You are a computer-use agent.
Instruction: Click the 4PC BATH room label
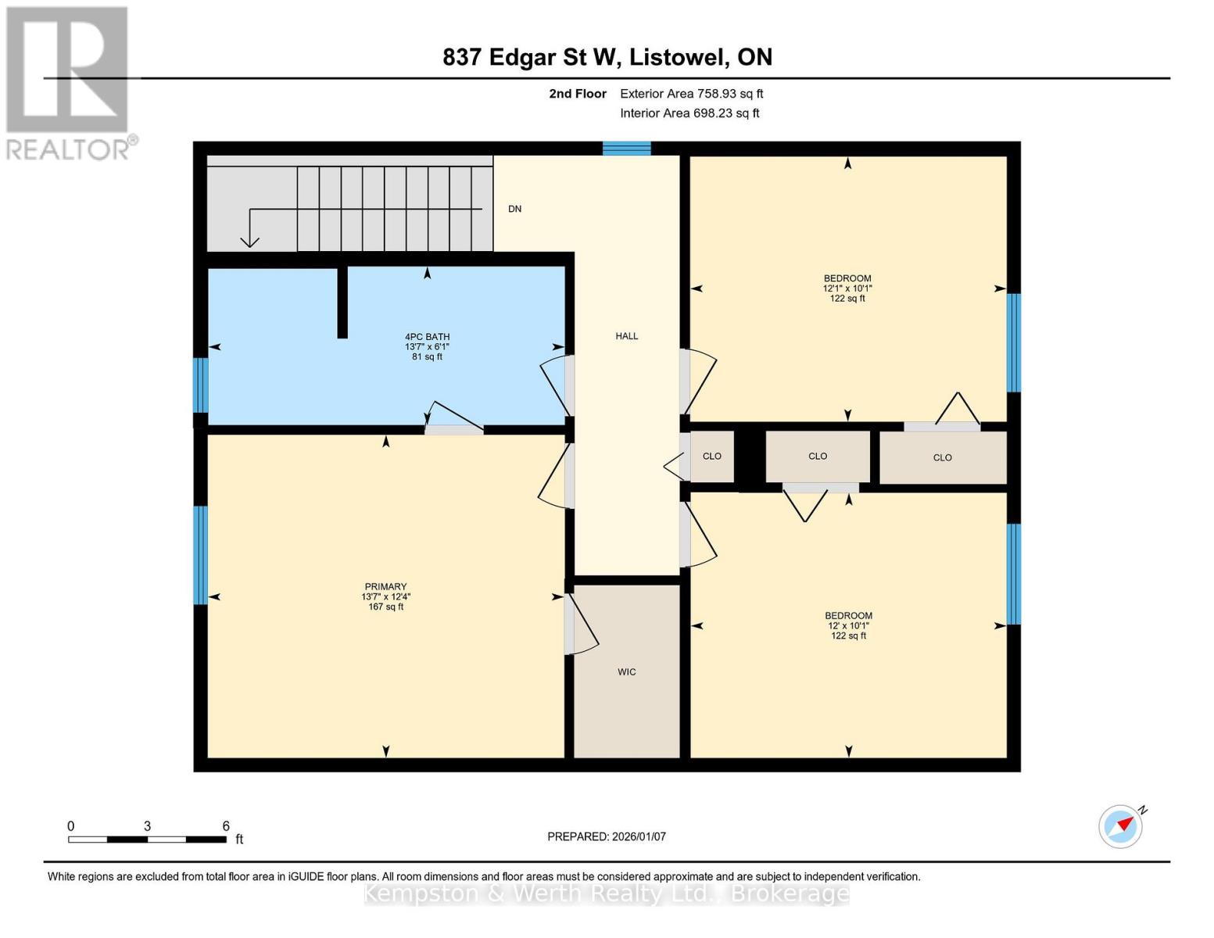(x=427, y=337)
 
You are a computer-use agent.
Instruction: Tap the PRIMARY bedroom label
(x=385, y=586)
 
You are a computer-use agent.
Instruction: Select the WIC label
(x=626, y=672)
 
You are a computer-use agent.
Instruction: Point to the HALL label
(x=626, y=336)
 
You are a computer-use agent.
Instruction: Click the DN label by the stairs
(x=514, y=209)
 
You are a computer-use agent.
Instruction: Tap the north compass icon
(x=1121, y=825)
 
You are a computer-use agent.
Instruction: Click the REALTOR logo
(x=70, y=84)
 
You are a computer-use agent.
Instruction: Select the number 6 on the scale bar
(x=226, y=825)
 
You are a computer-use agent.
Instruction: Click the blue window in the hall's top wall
(x=626, y=149)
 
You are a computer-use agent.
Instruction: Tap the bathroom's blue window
(x=201, y=385)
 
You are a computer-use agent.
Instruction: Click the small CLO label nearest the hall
(x=712, y=456)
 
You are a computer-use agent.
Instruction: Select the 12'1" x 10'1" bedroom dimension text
(x=847, y=288)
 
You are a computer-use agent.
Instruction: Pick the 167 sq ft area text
(x=385, y=607)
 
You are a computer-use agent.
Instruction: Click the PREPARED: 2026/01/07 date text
(x=606, y=836)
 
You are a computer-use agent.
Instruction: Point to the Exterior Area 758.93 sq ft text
(x=691, y=94)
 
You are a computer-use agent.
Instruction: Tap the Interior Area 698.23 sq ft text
(x=689, y=113)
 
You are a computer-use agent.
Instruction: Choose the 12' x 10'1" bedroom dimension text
(x=848, y=625)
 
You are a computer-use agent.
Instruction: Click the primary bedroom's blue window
(x=201, y=555)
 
